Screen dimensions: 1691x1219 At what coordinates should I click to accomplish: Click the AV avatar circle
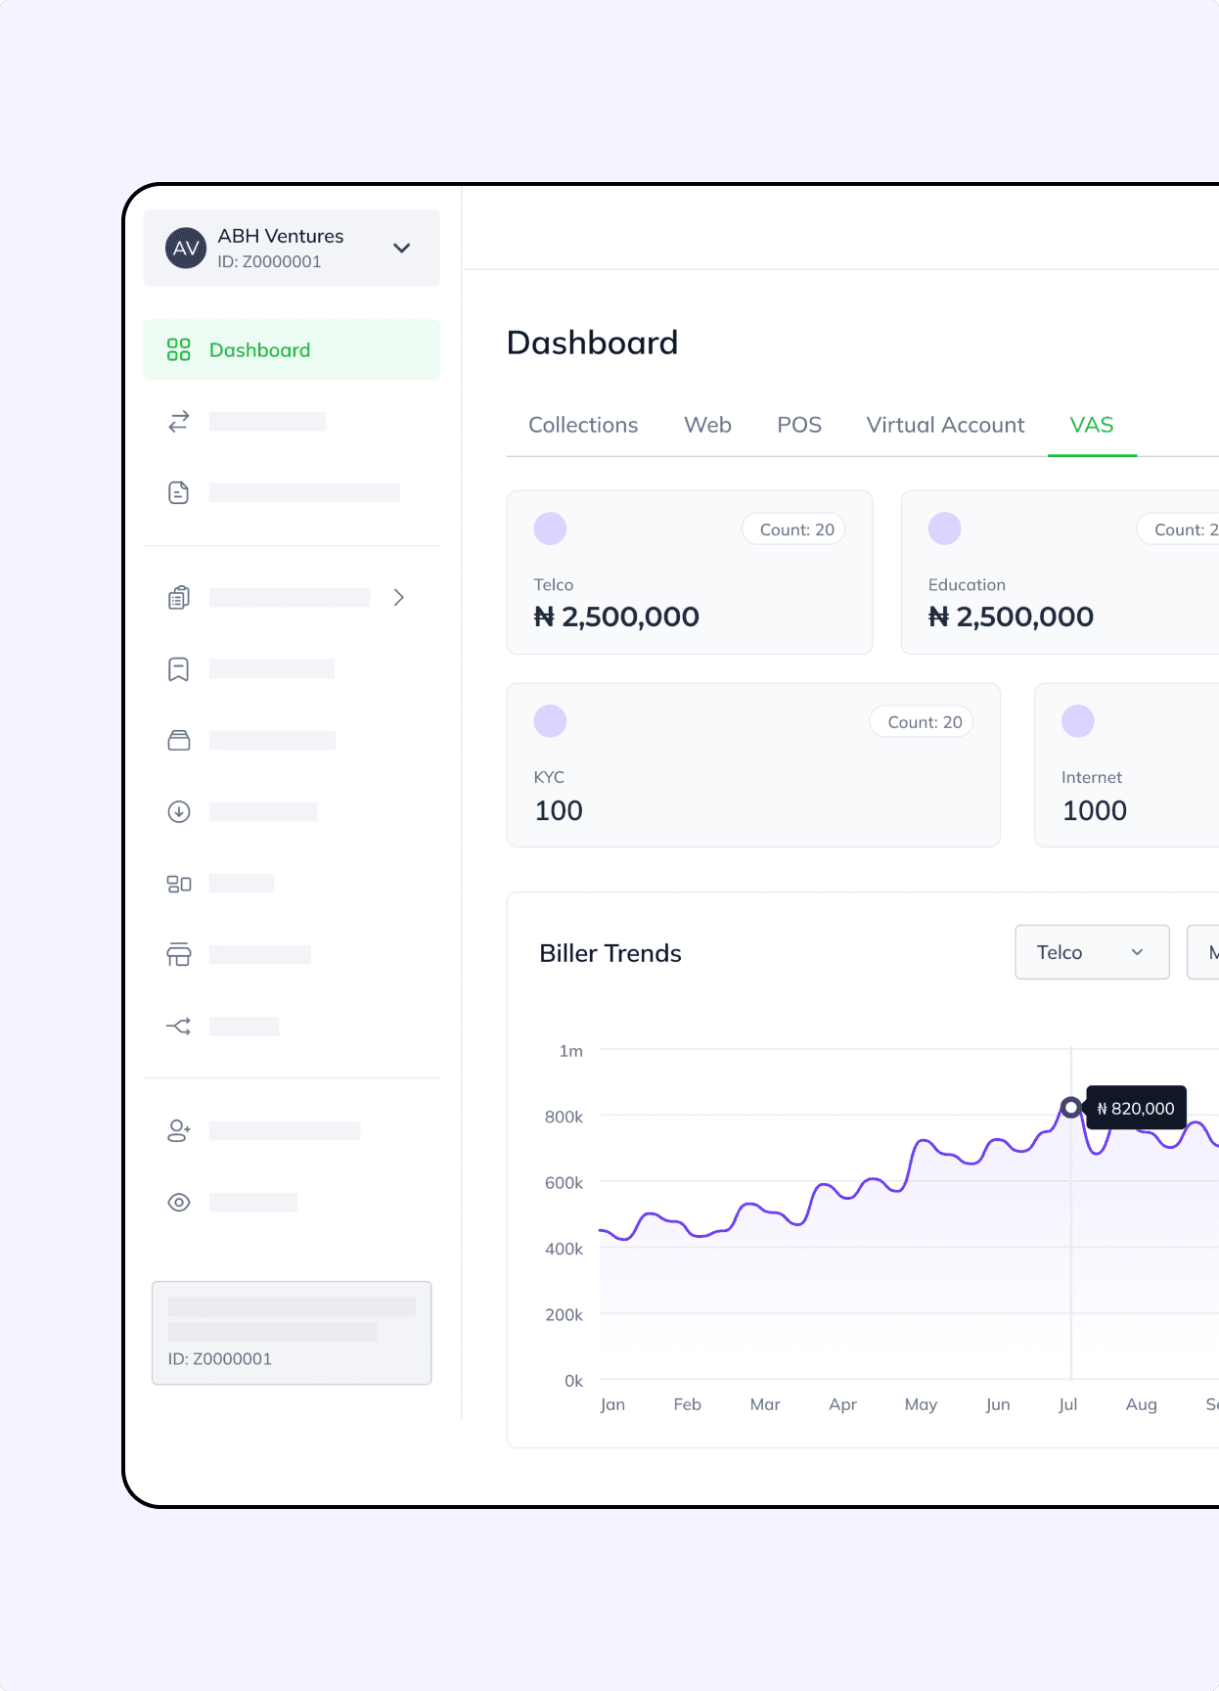point(185,249)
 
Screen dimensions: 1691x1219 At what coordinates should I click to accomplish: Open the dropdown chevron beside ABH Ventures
point(401,249)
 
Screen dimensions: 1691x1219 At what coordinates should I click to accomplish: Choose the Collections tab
point(583,425)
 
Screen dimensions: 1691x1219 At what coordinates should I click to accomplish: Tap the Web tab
point(707,425)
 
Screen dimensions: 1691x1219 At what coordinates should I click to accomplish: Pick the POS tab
point(799,425)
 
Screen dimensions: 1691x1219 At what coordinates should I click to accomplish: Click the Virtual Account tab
point(945,425)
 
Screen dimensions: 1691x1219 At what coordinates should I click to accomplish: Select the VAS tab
point(1091,425)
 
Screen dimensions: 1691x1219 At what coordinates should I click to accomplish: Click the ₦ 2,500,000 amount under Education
point(1011,617)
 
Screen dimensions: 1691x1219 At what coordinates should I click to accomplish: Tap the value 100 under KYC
point(559,810)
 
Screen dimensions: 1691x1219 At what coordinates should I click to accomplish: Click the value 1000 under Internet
point(1095,810)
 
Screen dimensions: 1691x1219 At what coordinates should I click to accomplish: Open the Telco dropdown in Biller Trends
point(1092,952)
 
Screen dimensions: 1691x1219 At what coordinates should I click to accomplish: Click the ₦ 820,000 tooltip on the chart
point(1137,1109)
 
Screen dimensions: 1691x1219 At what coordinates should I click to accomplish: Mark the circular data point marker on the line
point(1071,1108)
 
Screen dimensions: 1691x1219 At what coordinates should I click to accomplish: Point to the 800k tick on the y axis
point(564,1117)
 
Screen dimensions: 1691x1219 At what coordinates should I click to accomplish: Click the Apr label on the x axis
point(842,1404)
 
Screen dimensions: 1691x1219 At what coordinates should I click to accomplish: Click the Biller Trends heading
point(610,953)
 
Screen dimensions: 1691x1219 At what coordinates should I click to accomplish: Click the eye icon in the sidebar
point(179,1203)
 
